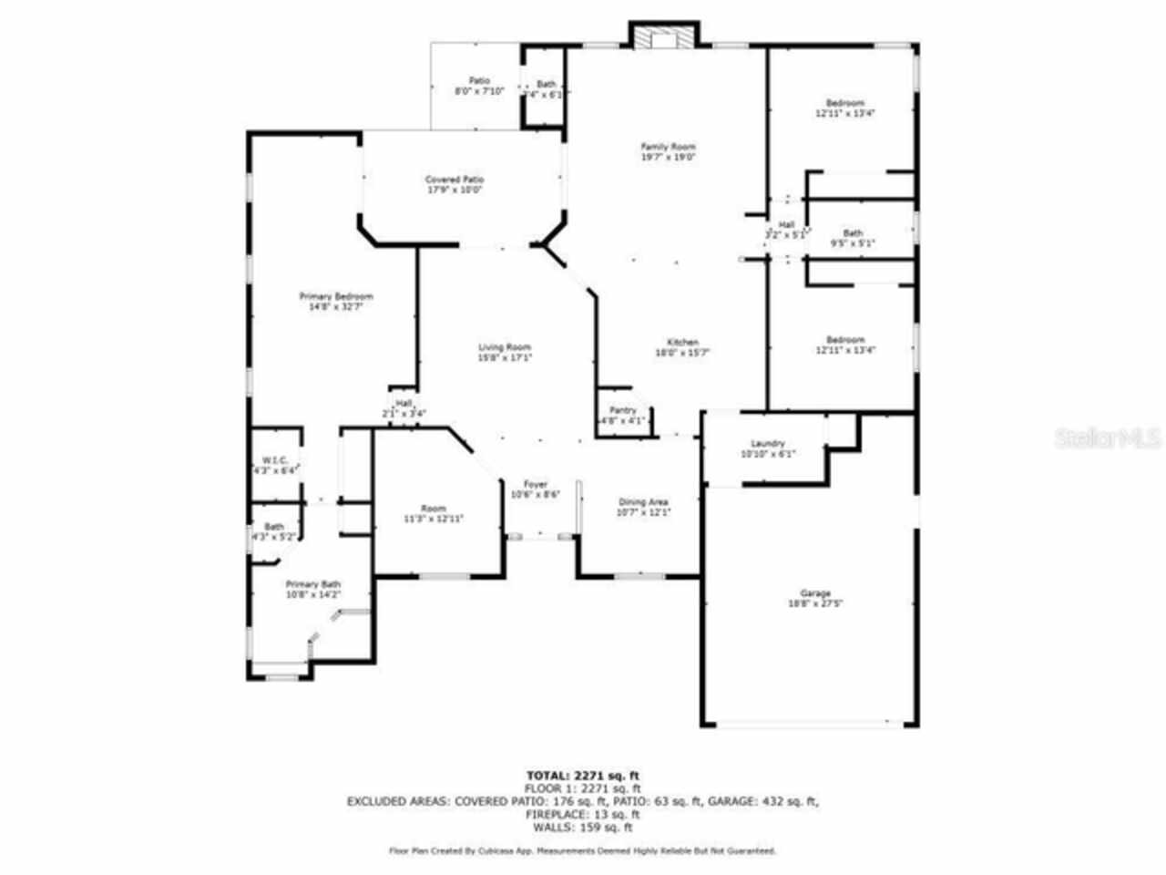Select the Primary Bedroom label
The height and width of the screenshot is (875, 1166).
[x=336, y=296]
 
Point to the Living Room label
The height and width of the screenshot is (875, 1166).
[x=505, y=347]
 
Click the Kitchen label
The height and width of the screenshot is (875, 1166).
[x=681, y=343]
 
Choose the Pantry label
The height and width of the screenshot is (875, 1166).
[x=623, y=411]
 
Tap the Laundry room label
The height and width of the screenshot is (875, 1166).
[x=768, y=444]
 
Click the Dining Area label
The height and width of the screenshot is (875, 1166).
[x=644, y=502]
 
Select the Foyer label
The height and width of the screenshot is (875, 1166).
[x=535, y=484]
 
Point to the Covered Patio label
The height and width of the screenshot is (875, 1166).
[x=454, y=180]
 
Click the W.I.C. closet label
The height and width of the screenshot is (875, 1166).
[x=274, y=460]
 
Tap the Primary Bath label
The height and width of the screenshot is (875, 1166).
[x=313, y=584]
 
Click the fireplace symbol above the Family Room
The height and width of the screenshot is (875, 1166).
[x=665, y=36]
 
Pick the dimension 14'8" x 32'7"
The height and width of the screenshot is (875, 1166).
[x=336, y=307]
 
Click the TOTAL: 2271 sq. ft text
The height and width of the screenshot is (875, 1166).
[x=582, y=776]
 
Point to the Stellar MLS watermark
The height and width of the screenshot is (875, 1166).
[x=1106, y=438]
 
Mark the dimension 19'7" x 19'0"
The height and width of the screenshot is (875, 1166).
[x=669, y=157]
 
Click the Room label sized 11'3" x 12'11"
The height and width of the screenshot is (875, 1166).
[x=434, y=508]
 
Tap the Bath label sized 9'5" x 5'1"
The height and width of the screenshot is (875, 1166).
[x=853, y=233]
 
